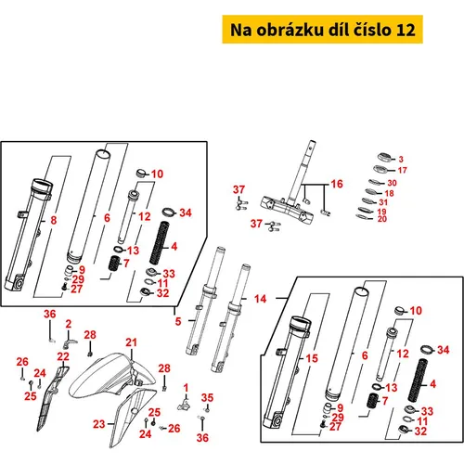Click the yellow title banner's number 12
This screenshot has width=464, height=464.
click(x=406, y=30)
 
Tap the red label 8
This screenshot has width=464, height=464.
click(x=54, y=220)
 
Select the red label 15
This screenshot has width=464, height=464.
click(x=312, y=358)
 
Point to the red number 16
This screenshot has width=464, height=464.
click(x=337, y=184)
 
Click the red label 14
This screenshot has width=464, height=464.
click(x=260, y=299)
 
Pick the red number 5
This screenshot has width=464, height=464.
click(x=178, y=321)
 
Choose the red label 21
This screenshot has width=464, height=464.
click(x=131, y=342)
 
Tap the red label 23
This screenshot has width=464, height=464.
click(x=99, y=424)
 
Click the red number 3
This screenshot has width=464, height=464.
click(x=401, y=160)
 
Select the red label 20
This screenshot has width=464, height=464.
click(x=382, y=219)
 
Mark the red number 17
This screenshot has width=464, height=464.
click(x=403, y=170)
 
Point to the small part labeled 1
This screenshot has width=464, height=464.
click(x=184, y=405)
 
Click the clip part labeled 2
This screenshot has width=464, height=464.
click(x=70, y=342)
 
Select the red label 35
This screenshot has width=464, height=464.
click(x=207, y=398)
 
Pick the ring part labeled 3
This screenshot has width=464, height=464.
click(x=384, y=157)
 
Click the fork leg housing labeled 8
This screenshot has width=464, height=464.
click(x=29, y=235)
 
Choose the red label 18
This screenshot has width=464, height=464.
click(x=390, y=193)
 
